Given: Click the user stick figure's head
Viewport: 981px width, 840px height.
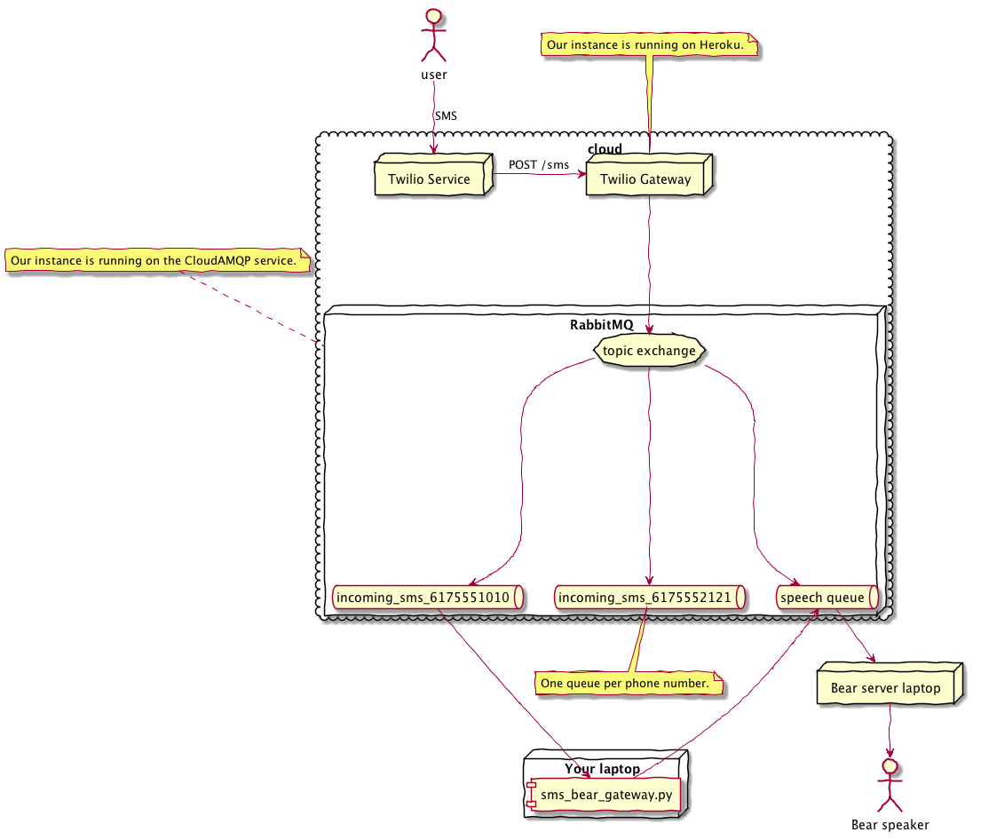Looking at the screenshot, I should pos(433,15).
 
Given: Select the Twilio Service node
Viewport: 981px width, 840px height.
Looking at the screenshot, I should pos(430,178).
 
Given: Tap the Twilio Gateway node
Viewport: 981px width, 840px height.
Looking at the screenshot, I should pos(645,178).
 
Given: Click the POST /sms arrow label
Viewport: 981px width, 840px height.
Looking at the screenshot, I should pos(539,164).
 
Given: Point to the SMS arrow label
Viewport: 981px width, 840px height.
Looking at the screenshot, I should pos(446,115).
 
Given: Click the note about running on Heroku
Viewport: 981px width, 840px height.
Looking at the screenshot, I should pos(651,44).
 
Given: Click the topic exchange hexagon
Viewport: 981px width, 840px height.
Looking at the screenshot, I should pos(649,351).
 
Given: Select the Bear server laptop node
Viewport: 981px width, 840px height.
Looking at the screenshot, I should pos(885,688).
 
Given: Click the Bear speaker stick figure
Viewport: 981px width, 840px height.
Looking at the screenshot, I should pos(890,784).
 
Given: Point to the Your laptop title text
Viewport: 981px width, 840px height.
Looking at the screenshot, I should pos(602,768).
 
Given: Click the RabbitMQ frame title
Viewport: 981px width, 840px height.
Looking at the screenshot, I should pos(601,325).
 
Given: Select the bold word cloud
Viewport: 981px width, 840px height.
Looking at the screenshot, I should pos(605,148).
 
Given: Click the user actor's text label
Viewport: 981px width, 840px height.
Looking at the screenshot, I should pos(434,75).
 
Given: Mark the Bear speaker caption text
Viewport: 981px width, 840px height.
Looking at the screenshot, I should pos(890,825).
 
